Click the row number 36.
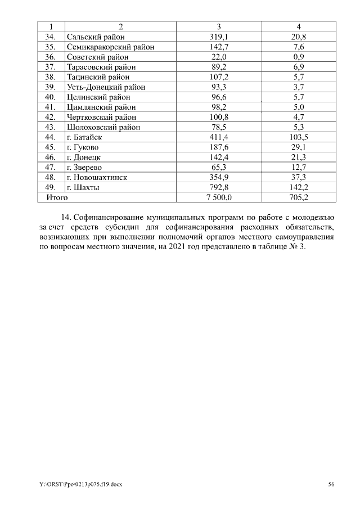click(x=50, y=57)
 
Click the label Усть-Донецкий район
click(x=106, y=87)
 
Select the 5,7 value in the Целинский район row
click(x=299, y=97)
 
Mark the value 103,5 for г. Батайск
click(x=299, y=137)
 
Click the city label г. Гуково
click(x=82, y=147)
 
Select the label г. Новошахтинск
click(x=97, y=177)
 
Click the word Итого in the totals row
click(x=56, y=197)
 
